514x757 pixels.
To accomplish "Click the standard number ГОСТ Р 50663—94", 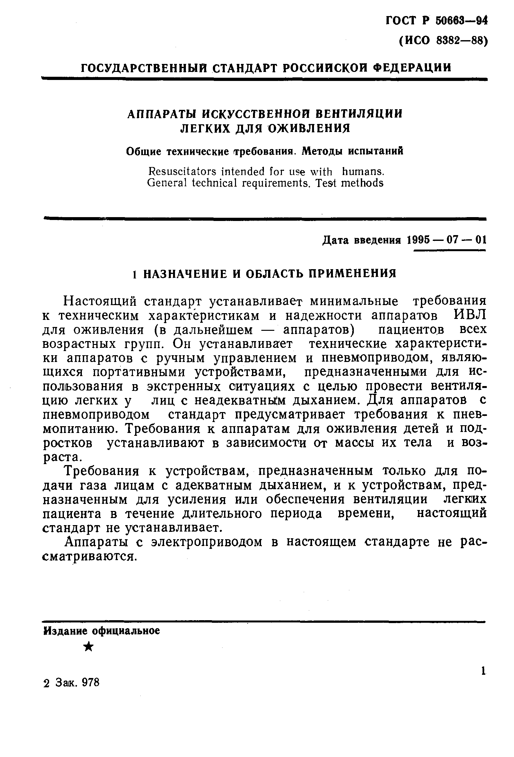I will pos(436,21).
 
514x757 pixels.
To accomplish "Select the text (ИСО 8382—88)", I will pos(443,41).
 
